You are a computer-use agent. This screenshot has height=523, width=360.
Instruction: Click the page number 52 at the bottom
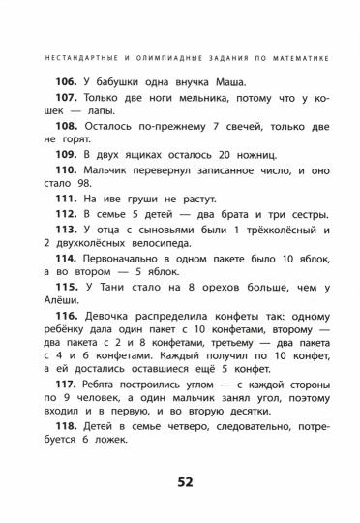180,481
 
